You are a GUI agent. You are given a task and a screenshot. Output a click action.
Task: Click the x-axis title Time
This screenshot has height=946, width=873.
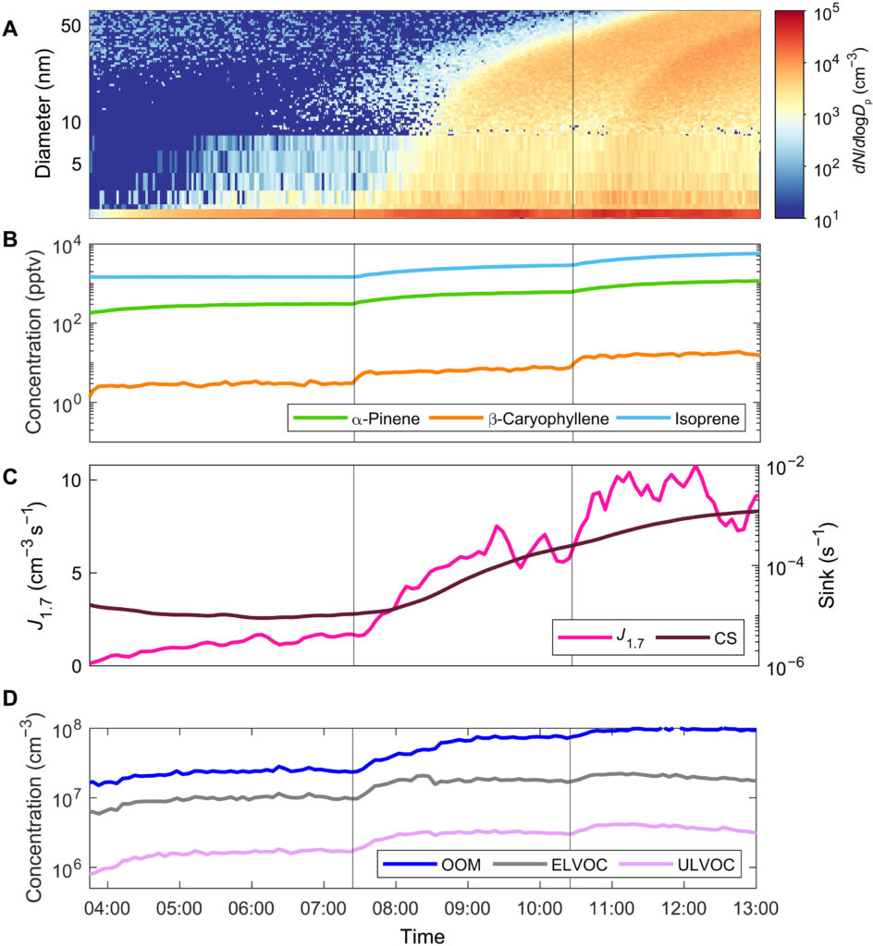423,935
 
